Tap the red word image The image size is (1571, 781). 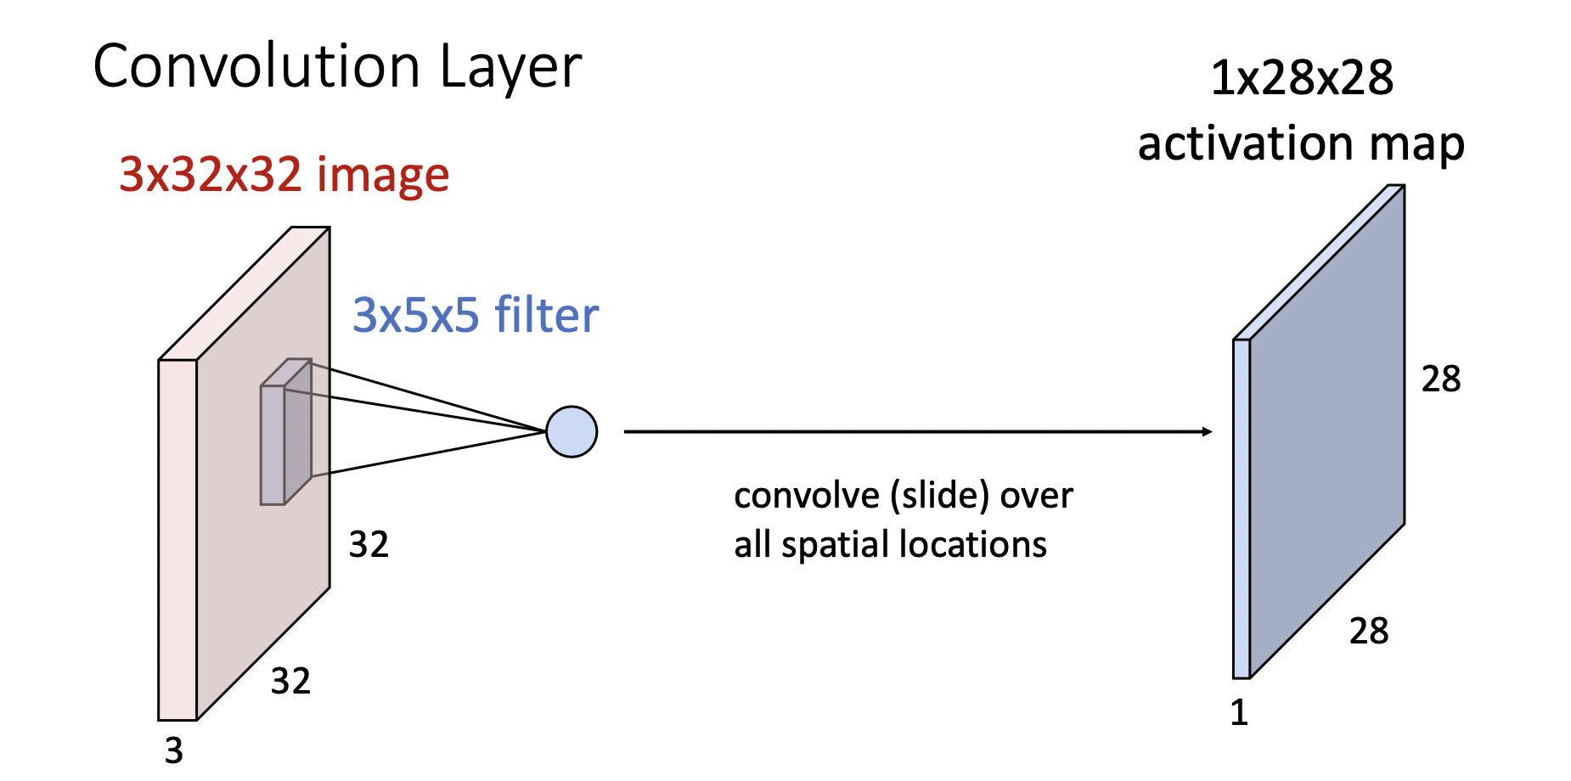(383, 176)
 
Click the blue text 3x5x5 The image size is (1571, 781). (416, 315)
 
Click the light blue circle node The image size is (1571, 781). (572, 432)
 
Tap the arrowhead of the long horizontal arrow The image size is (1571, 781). (1207, 432)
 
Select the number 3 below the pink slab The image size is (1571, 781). (174, 750)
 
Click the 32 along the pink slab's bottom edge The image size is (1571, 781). (290, 681)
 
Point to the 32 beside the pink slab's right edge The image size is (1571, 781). (369, 544)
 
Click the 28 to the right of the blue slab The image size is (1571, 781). (1441, 379)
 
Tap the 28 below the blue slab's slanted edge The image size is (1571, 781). (1369, 631)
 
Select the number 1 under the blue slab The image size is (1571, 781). (1239, 712)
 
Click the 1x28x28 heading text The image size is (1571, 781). (1302, 78)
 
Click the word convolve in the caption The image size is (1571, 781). (807, 496)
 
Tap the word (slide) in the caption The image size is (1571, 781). (940, 496)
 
